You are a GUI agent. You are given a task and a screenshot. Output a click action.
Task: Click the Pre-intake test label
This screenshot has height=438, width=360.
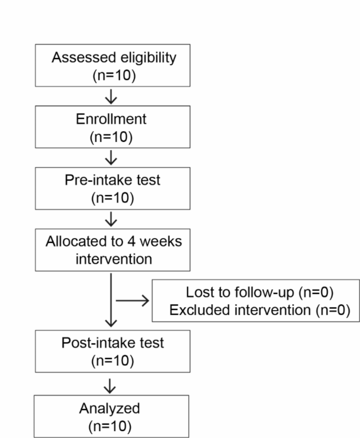pyautogui.click(x=113, y=180)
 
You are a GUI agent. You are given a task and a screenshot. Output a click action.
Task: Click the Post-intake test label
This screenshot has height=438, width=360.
pyautogui.click(x=113, y=343)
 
